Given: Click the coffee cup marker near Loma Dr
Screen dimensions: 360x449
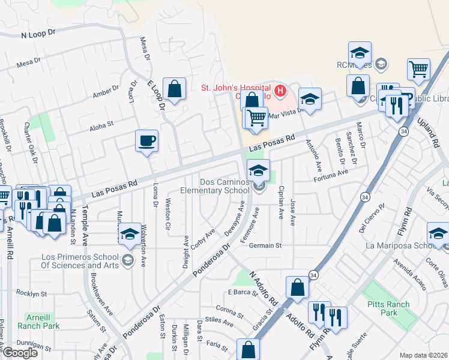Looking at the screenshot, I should pyautogui.click(x=146, y=142).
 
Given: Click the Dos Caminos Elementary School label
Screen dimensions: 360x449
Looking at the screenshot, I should pyautogui.click(x=224, y=186).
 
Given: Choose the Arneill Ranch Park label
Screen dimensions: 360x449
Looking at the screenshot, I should pyautogui.click(x=43, y=321).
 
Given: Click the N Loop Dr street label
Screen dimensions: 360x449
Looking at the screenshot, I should pyautogui.click(x=37, y=35).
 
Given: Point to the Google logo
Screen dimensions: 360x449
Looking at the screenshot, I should pyautogui.click(x=19, y=353).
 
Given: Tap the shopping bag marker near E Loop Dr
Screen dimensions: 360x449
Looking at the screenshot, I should pyautogui.click(x=173, y=90).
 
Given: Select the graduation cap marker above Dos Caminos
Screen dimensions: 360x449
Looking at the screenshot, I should pyautogui.click(x=258, y=170).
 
